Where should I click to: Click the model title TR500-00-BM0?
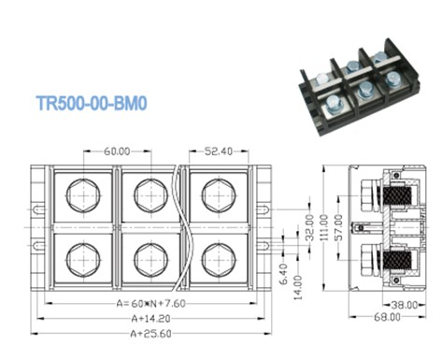(92, 103)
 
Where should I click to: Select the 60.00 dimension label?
(117, 151)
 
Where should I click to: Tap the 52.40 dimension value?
(219, 151)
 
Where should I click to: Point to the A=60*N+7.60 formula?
(151, 303)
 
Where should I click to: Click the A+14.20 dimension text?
(150, 319)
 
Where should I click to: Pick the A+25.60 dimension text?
(150, 334)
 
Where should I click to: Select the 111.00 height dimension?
(324, 227)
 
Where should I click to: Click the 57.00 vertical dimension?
(339, 227)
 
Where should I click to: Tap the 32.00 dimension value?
(309, 228)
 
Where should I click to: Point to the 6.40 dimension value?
(284, 274)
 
